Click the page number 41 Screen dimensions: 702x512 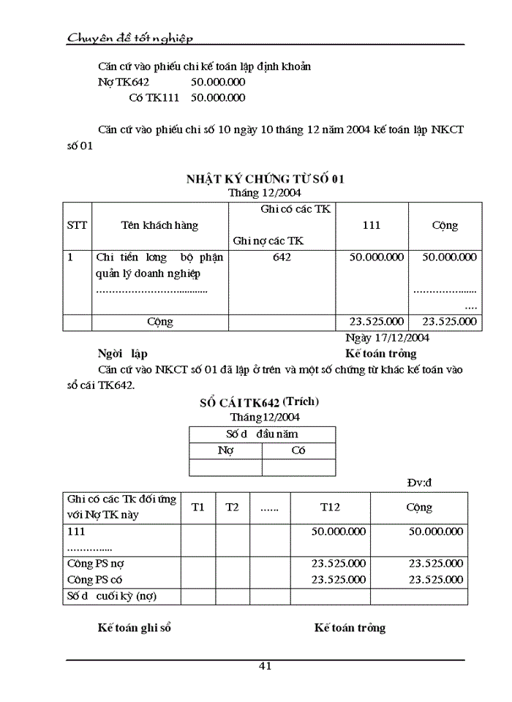tap(265, 665)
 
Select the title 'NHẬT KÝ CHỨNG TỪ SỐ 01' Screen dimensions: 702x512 tap(265, 178)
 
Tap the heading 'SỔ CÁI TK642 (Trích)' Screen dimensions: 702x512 tap(259, 402)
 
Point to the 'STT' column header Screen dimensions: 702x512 tap(77, 225)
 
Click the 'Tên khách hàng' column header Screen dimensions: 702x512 tap(159, 225)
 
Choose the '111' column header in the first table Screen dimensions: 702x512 tap(372, 225)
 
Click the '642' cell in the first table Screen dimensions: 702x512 tap(282, 257)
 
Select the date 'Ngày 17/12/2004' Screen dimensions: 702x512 tap(387, 338)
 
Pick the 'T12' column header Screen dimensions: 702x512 tap(330, 507)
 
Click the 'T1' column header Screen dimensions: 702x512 tap(198, 507)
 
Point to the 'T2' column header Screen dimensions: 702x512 tap(232, 507)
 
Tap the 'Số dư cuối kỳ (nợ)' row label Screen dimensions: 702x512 tap(111, 596)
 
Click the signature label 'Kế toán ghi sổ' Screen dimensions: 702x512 tap(135, 627)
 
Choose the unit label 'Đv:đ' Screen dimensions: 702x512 tap(420, 482)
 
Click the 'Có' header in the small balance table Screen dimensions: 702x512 tap(298, 451)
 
